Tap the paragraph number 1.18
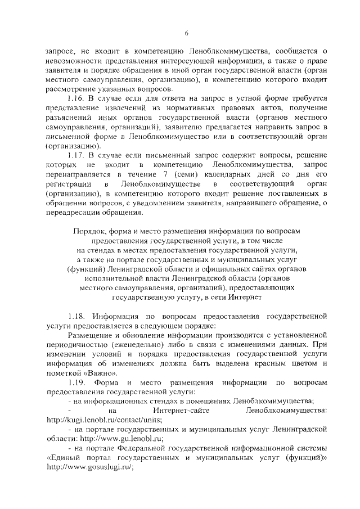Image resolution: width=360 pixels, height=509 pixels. click(76, 317)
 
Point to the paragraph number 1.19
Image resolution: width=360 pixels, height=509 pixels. click(76, 382)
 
